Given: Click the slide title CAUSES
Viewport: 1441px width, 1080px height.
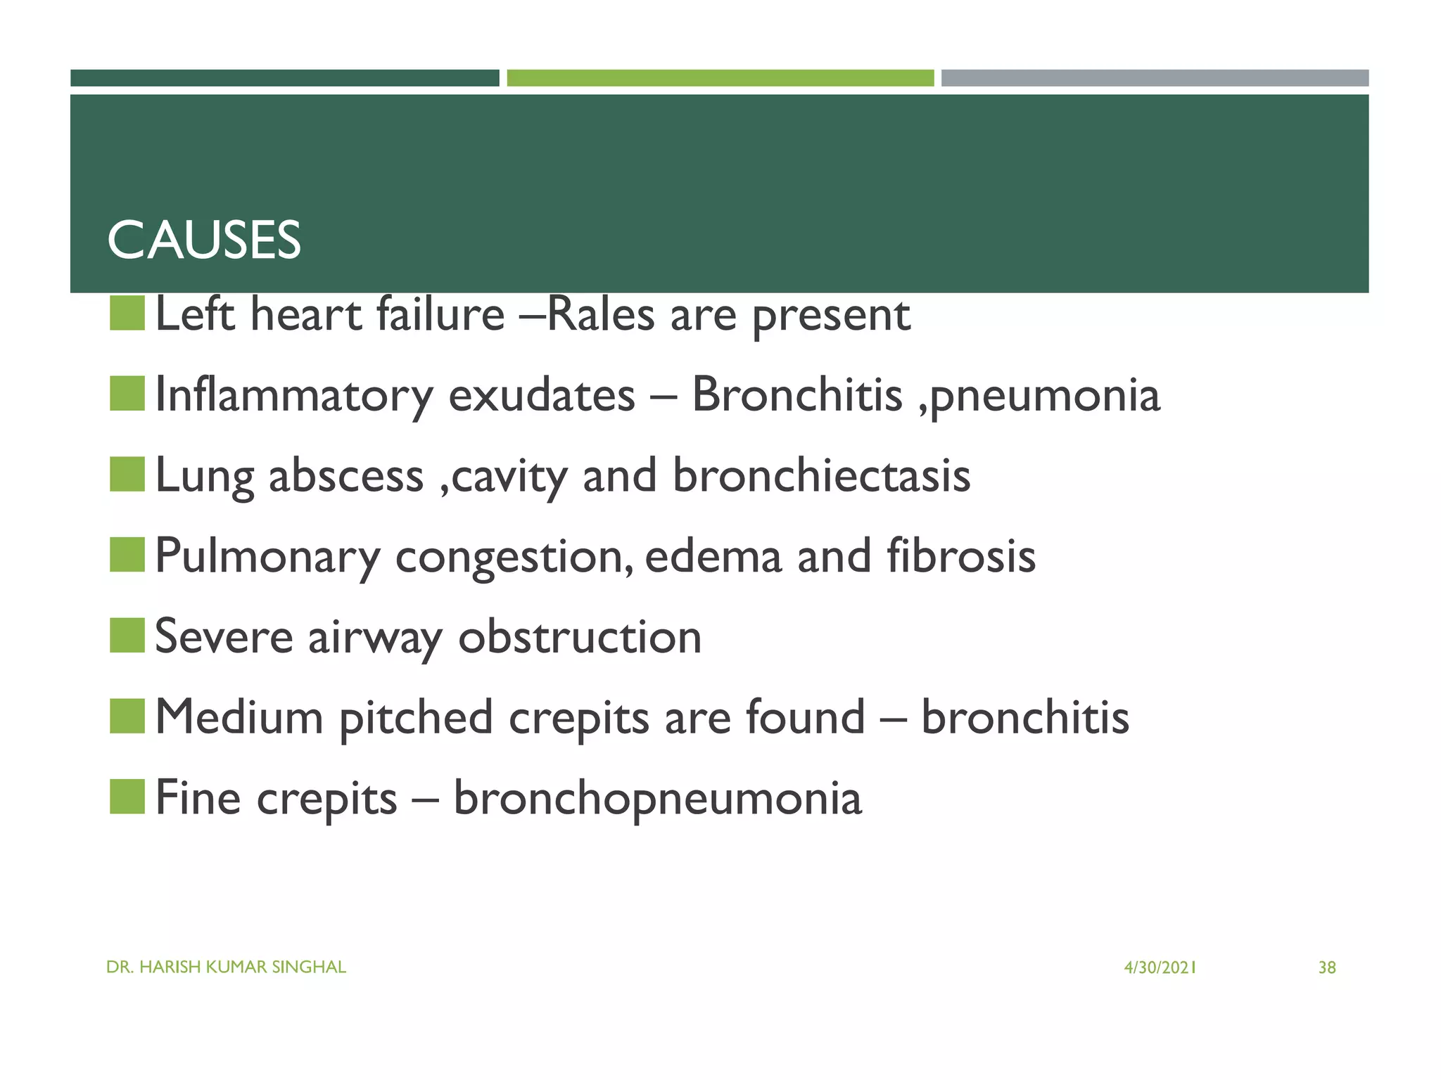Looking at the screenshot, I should click(x=204, y=240).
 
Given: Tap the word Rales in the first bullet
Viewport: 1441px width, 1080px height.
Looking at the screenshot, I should click(x=601, y=314).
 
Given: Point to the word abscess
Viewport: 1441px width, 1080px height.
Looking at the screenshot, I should click(x=346, y=476).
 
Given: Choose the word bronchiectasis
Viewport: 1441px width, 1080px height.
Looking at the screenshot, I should click(x=821, y=476).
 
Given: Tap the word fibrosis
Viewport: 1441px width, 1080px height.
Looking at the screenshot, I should click(x=960, y=556).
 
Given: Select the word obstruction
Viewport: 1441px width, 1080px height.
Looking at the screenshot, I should click(x=580, y=637).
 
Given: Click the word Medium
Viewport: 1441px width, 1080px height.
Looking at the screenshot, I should click(x=239, y=718).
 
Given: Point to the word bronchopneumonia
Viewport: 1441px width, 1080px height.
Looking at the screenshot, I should click(x=657, y=799).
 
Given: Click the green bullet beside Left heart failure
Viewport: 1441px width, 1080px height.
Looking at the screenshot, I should click(x=127, y=314).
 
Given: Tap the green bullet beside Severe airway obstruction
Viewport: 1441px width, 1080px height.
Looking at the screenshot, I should click(x=127, y=636).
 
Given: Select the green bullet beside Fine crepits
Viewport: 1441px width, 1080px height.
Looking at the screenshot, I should click(x=127, y=797).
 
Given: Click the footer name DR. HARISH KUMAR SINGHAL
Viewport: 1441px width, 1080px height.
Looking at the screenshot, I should click(x=226, y=967).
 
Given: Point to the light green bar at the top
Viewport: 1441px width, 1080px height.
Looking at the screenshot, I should click(x=720, y=78).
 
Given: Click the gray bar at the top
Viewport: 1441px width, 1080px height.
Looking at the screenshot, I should click(x=1155, y=78).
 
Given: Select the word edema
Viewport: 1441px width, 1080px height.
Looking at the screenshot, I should click(x=713, y=556).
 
